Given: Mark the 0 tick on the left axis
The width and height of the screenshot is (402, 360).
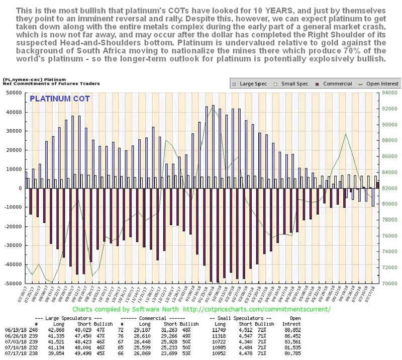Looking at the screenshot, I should click(x=20, y=188).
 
